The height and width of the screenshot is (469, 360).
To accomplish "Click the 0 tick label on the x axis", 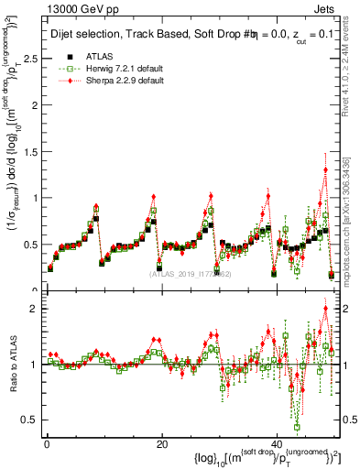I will [46, 444].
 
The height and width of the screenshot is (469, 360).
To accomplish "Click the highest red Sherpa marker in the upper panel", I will [325, 169].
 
